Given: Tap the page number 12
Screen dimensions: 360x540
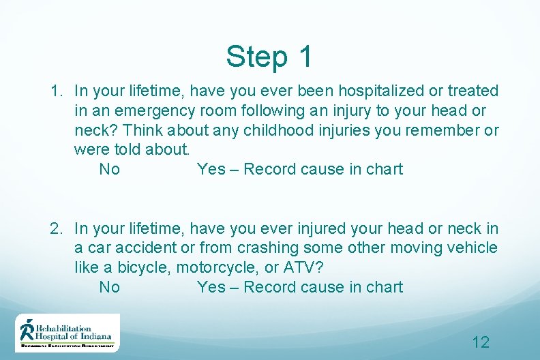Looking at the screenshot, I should (x=481, y=342).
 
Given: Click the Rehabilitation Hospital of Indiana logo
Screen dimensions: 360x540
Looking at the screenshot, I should (x=67, y=333).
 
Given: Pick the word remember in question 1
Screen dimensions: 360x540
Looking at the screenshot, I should (x=431, y=130).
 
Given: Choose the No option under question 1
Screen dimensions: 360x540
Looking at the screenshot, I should (x=109, y=169).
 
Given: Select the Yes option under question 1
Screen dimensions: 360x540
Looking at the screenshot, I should (x=211, y=169).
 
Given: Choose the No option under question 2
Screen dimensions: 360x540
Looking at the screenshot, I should (x=109, y=287).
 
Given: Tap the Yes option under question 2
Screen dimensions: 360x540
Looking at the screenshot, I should (x=211, y=287).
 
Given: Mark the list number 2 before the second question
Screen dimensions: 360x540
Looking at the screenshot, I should (x=56, y=228).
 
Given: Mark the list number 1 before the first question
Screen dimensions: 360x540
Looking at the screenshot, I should (x=56, y=91).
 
